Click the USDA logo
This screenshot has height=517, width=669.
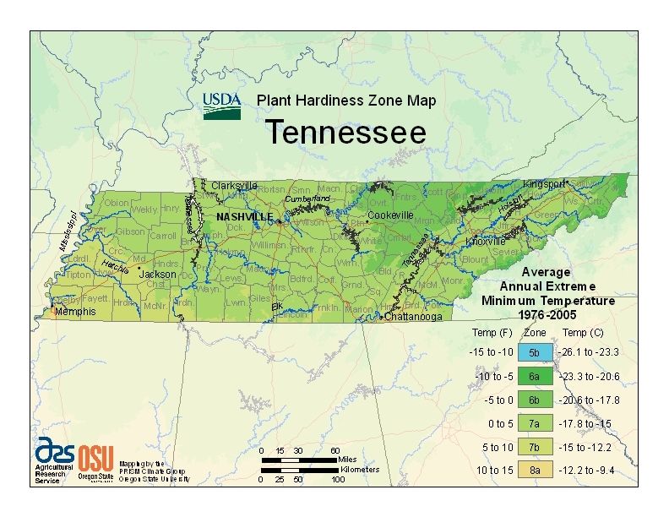(x=222, y=106)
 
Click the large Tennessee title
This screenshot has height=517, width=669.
(x=346, y=133)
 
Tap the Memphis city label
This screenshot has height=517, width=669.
(x=76, y=312)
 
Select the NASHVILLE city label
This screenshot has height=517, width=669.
(x=245, y=217)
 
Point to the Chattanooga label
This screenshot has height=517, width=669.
(x=413, y=318)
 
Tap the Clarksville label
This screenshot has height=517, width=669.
(x=234, y=185)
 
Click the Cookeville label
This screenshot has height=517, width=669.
(x=390, y=215)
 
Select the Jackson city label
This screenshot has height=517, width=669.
(x=158, y=274)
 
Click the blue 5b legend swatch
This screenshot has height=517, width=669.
(x=536, y=352)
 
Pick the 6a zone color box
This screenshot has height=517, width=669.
(x=536, y=376)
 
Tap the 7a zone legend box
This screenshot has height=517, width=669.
(x=536, y=422)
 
